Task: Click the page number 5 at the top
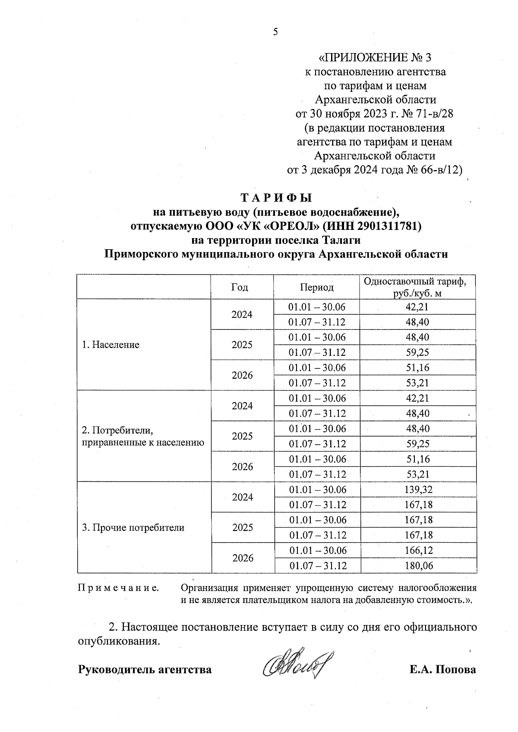(x=276, y=31)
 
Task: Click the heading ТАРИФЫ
(x=276, y=198)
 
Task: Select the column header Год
(x=240, y=287)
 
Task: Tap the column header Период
(x=317, y=287)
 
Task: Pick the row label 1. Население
(x=111, y=345)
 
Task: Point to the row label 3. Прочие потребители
(x=133, y=528)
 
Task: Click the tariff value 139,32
(x=418, y=490)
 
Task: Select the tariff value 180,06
(x=419, y=565)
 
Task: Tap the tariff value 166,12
(x=418, y=550)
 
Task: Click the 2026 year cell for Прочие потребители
(x=243, y=558)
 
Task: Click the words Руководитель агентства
(x=145, y=670)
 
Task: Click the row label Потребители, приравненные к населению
(x=142, y=436)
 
